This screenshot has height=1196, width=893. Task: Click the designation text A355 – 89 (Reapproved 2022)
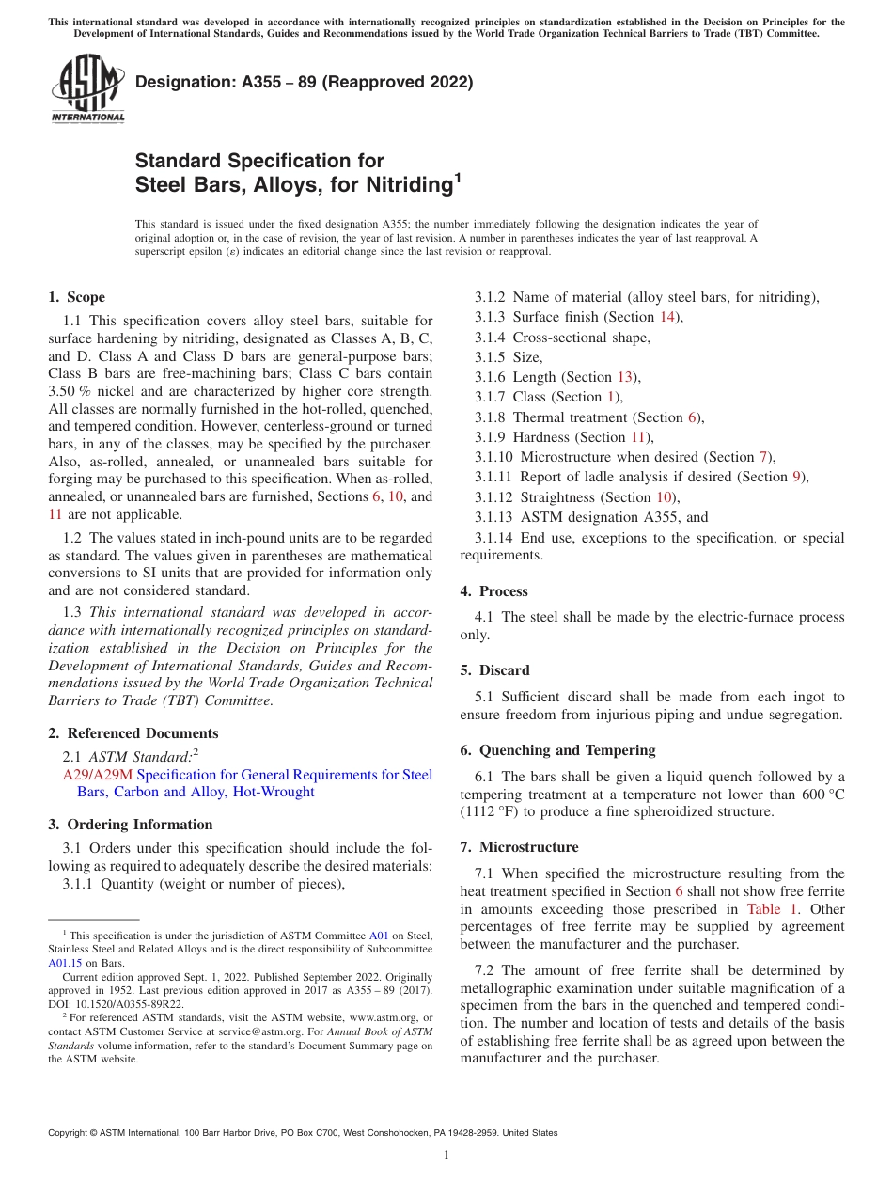pyautogui.click(x=304, y=82)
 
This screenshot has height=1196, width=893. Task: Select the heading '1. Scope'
pyautogui.click(x=76, y=297)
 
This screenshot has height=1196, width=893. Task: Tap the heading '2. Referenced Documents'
pyautogui.click(x=133, y=733)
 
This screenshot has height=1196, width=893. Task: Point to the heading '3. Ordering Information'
pyautogui.click(x=130, y=825)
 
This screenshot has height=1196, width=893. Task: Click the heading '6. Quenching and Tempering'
pyautogui.click(x=557, y=750)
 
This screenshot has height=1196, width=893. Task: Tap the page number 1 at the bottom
pyautogui.click(x=446, y=1156)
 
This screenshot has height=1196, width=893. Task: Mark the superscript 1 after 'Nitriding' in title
pyautogui.click(x=458, y=177)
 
